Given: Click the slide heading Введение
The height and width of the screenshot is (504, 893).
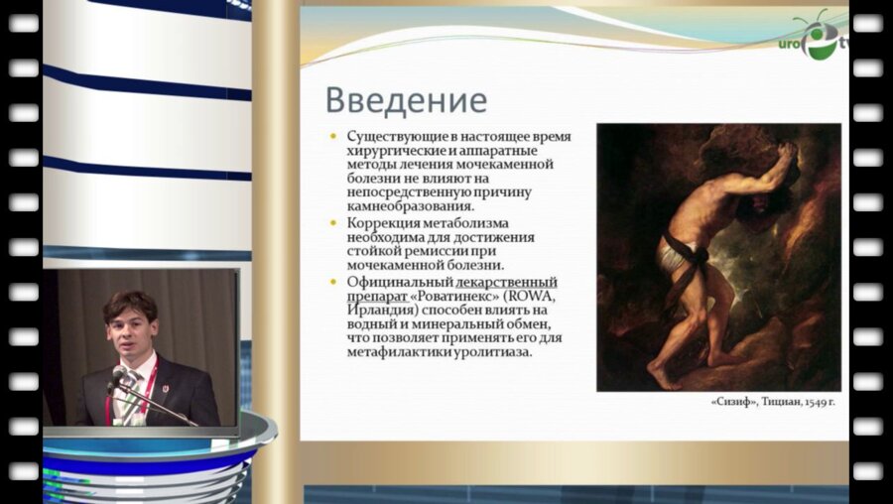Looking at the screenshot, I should point(406,101).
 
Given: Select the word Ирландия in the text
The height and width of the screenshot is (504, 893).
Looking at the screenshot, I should point(376,310).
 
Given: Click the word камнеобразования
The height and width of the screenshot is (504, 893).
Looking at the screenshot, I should point(406,206).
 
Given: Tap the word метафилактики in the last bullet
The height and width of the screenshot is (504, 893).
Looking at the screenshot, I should point(401,352).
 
